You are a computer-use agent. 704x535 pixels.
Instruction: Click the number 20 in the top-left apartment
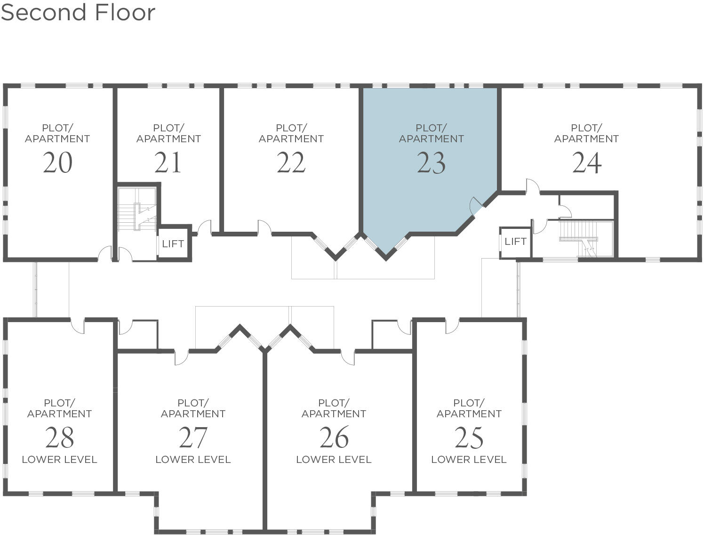[57, 163]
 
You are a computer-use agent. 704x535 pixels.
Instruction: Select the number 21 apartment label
[168, 163]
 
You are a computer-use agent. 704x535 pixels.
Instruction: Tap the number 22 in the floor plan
[291, 163]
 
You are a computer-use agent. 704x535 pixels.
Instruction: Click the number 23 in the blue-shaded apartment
[431, 163]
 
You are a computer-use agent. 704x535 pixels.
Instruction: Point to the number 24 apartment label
[586, 163]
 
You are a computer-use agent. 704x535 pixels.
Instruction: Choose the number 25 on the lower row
[469, 438]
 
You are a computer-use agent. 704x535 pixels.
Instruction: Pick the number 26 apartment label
[334, 438]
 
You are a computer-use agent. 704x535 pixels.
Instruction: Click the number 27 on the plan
[193, 438]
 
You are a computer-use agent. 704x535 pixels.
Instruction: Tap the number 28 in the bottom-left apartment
[59, 438]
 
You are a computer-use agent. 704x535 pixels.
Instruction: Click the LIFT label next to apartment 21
[173, 243]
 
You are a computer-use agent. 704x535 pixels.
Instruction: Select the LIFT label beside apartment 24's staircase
[515, 242]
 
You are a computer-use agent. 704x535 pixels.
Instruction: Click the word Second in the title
[45, 12]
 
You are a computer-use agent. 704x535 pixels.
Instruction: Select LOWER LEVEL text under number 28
[59, 460]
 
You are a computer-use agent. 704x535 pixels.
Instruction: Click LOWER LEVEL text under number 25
[469, 460]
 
